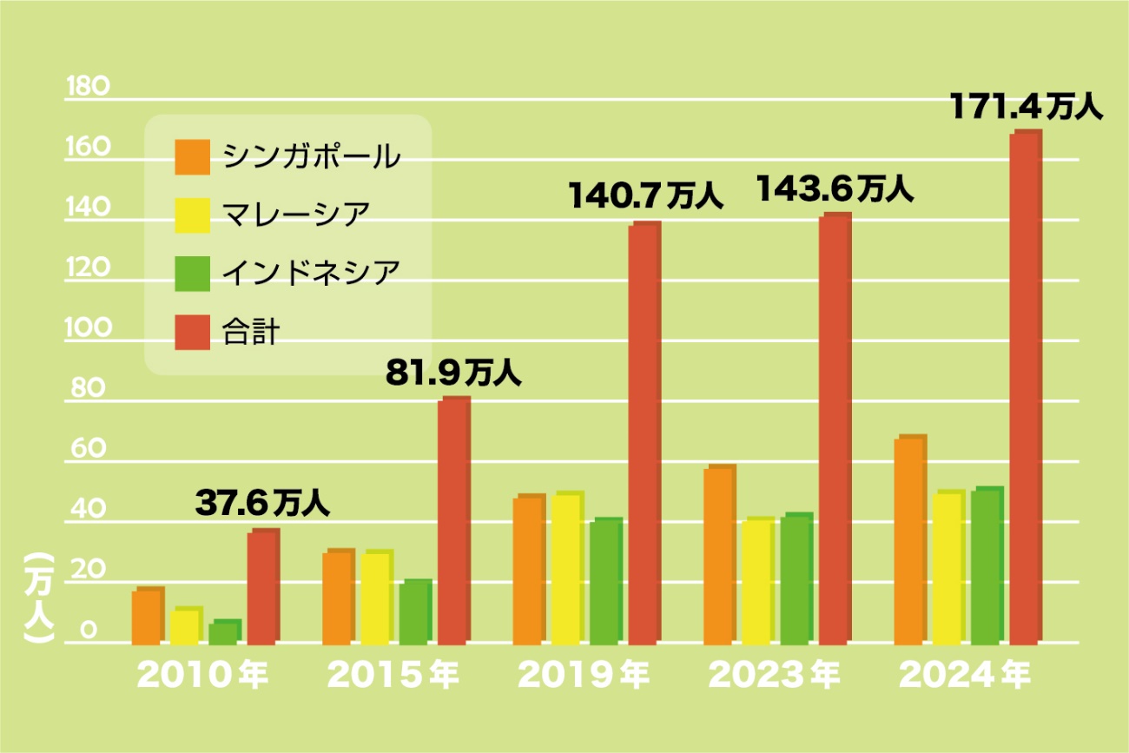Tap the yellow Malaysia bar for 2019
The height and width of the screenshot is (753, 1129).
(567, 568)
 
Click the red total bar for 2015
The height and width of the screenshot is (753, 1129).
(453, 520)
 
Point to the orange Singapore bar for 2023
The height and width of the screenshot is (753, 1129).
(719, 555)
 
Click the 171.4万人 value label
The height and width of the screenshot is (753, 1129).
(1025, 108)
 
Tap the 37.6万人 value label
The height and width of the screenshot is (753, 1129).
(261, 503)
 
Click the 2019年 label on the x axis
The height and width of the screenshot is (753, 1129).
(583, 676)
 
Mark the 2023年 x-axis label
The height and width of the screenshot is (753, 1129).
(774, 676)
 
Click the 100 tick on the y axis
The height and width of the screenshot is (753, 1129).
(88, 329)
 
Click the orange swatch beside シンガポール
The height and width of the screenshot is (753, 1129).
(192, 156)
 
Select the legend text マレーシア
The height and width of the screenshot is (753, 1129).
(296, 215)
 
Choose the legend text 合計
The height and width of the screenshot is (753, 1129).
(251, 332)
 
